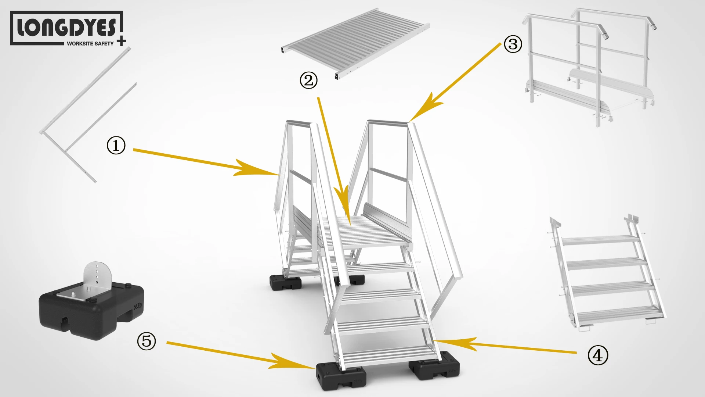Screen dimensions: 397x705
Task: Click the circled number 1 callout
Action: [x=116, y=146]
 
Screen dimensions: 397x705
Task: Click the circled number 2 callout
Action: [x=308, y=81]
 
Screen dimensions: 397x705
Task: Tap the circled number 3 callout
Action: [x=513, y=44]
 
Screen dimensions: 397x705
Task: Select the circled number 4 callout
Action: [x=598, y=355]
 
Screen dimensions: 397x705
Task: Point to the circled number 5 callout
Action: [x=147, y=341]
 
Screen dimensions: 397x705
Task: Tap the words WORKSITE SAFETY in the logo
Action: [x=90, y=43]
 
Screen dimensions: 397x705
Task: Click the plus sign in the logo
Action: [x=122, y=42]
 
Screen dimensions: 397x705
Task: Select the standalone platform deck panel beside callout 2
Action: [x=355, y=43]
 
